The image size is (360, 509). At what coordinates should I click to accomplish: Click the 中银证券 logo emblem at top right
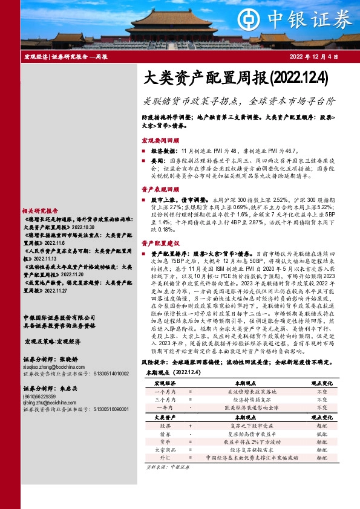click(275, 19)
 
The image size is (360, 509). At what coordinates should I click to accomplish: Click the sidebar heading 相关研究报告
click(38, 210)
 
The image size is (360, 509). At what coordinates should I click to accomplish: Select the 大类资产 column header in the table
click(161, 418)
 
